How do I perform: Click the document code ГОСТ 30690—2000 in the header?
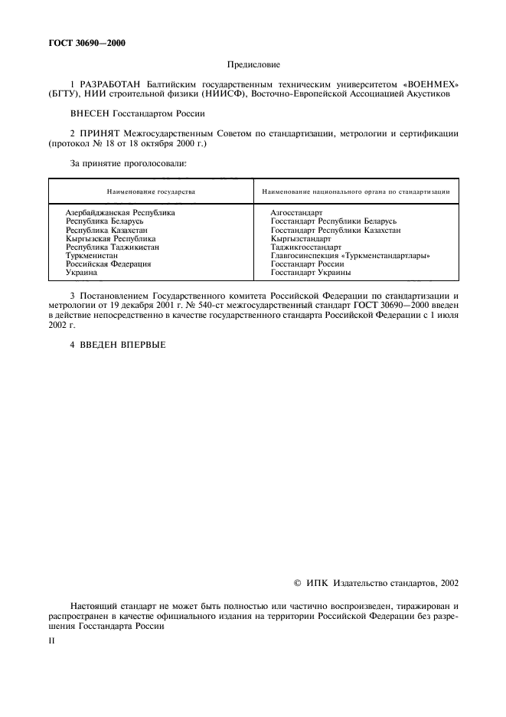pyautogui.click(x=87, y=43)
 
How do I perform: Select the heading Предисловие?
pyautogui.click(x=253, y=67)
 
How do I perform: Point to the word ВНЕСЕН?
pyautogui.click(x=90, y=113)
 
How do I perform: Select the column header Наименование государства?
pyautogui.click(x=151, y=191)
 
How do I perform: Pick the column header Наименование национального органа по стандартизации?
pyautogui.click(x=355, y=191)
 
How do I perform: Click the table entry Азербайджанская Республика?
pyautogui.click(x=120, y=212)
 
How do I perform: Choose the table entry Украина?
pyautogui.click(x=81, y=272)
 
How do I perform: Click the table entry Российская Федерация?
pyautogui.click(x=108, y=264)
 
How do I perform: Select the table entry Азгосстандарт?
pyautogui.click(x=296, y=212)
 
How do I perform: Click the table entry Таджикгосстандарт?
pyautogui.click(x=305, y=247)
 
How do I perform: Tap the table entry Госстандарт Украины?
pyautogui.click(x=311, y=272)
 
